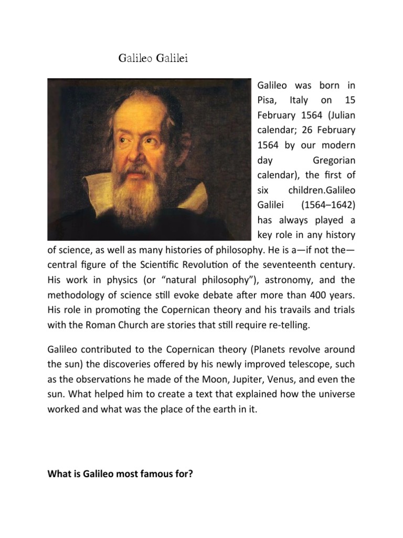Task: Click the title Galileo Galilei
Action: point(153,58)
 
